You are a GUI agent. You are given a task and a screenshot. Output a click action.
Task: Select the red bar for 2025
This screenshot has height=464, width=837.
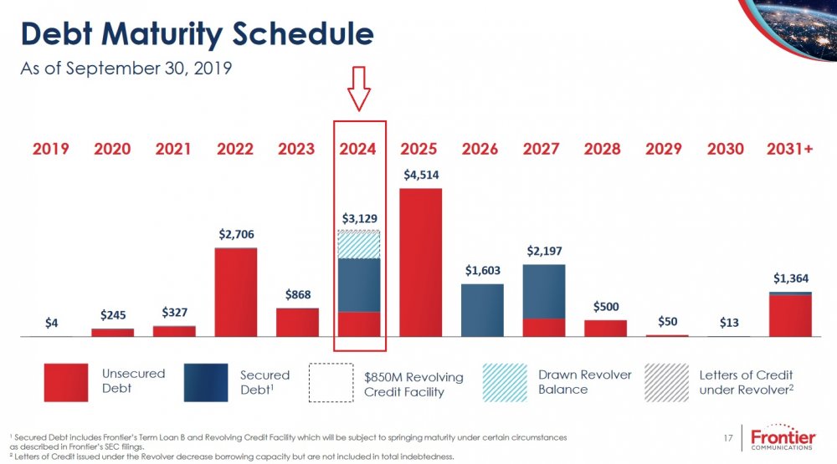pyautogui.click(x=420, y=263)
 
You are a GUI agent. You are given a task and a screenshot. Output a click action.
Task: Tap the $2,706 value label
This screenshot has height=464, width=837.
pyautogui.click(x=235, y=235)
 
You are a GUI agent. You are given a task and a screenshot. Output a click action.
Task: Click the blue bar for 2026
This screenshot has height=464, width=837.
pyautogui.click(x=482, y=310)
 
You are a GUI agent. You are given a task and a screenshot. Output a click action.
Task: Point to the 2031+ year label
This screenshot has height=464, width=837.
pyautogui.click(x=789, y=149)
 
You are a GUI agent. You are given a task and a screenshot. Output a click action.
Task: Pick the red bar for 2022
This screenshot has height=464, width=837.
pyautogui.click(x=236, y=293)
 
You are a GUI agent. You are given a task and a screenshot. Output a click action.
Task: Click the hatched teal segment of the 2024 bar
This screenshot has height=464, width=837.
pyautogui.click(x=359, y=244)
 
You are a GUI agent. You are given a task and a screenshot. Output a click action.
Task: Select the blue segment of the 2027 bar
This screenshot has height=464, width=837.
pyautogui.click(x=543, y=291)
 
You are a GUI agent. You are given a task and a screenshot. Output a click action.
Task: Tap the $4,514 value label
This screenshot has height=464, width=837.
pyautogui.click(x=421, y=175)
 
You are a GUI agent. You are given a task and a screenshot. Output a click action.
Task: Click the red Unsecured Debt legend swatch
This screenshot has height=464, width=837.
pyautogui.click(x=65, y=381)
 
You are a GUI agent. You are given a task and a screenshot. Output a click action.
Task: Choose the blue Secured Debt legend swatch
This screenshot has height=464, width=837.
pyautogui.click(x=205, y=381)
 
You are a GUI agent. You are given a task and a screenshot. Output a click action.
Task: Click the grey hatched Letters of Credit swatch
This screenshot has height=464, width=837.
pyautogui.click(x=667, y=381)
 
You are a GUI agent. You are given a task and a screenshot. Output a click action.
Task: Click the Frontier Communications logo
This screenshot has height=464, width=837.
pyautogui.click(x=783, y=439)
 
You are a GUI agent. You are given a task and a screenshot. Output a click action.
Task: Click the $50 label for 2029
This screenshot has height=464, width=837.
pyautogui.click(x=666, y=322)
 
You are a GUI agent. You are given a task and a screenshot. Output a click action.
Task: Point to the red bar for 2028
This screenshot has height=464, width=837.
pyautogui.click(x=605, y=328)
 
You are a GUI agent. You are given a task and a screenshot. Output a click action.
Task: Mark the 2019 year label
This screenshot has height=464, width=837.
pyautogui.click(x=51, y=149)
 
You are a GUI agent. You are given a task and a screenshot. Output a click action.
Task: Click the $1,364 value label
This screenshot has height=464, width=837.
pyautogui.click(x=790, y=278)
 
